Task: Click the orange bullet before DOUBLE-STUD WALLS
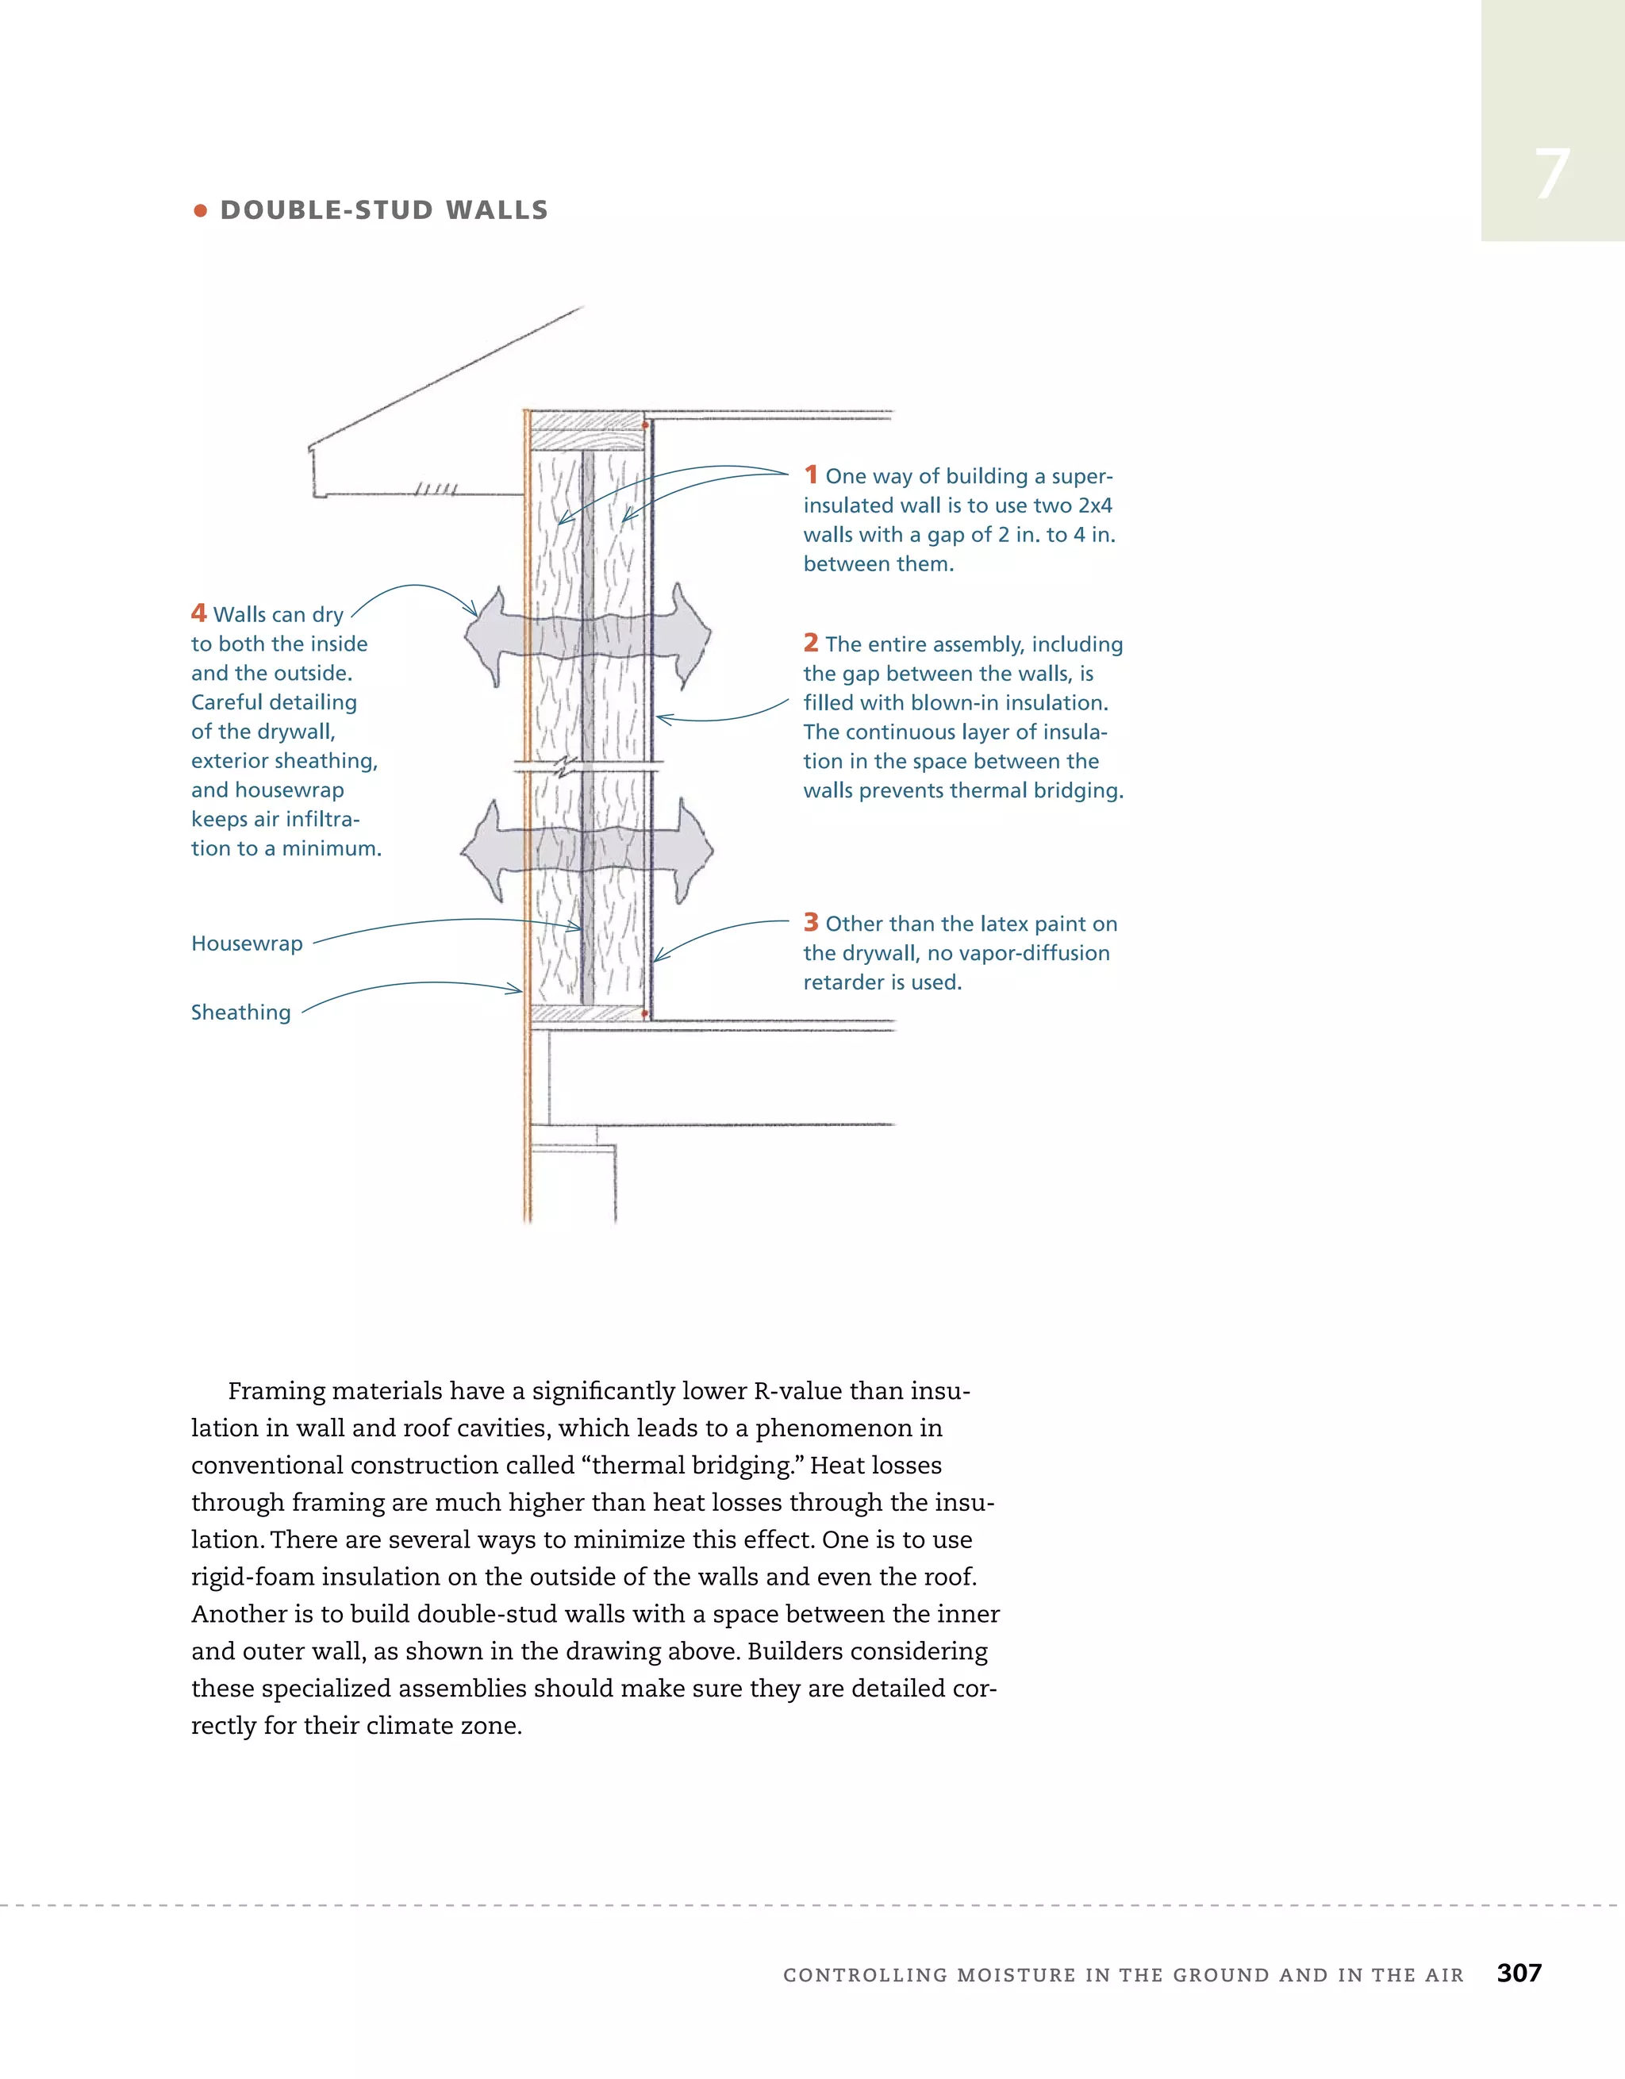click(200, 210)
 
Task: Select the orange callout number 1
click(810, 474)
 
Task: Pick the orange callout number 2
click(810, 643)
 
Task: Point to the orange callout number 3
click(810, 921)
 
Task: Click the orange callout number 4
click(198, 612)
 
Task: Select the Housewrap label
click(247, 943)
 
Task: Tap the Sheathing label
click(241, 1012)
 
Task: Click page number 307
click(1519, 1973)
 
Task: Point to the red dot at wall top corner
click(645, 425)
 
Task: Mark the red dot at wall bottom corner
click(645, 1014)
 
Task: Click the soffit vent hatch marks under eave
click(436, 490)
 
